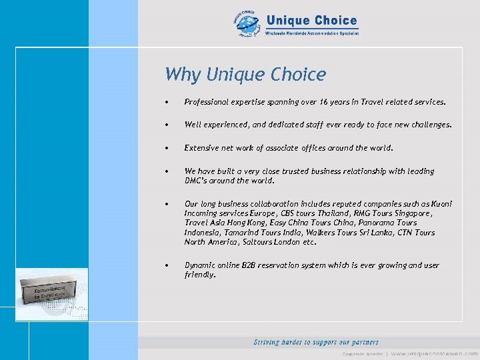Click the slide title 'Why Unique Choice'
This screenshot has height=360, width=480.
(245, 74)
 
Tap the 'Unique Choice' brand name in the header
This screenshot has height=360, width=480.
(311, 21)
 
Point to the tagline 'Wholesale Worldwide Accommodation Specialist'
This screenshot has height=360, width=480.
(312, 33)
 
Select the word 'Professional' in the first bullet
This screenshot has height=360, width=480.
(205, 102)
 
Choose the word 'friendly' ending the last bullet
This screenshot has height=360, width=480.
(199, 275)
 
